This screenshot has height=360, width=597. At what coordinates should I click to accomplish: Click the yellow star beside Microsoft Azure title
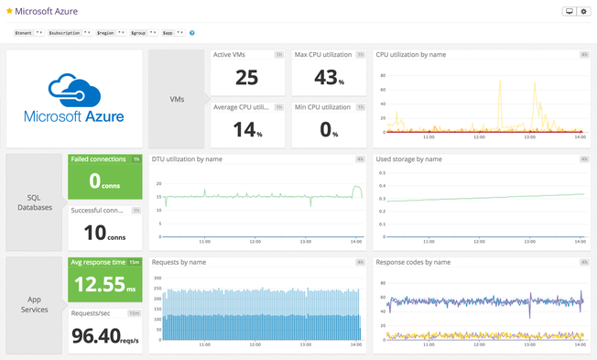point(9,12)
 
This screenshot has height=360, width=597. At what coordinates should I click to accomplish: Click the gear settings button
point(583,12)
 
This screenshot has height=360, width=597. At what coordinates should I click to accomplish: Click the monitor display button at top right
point(569,12)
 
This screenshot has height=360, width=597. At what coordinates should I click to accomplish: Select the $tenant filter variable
point(26,32)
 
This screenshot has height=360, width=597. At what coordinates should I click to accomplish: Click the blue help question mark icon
point(191,32)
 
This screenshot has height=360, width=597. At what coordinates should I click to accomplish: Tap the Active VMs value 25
point(246,78)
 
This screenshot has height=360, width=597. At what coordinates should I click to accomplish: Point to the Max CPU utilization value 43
point(325,78)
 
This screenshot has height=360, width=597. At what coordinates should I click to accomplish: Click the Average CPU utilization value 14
point(246,129)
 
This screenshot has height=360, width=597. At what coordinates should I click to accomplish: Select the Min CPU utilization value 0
point(325,129)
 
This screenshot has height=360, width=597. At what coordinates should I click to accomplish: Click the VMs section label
point(180,99)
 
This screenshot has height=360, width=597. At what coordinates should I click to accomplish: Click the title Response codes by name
point(413,262)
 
